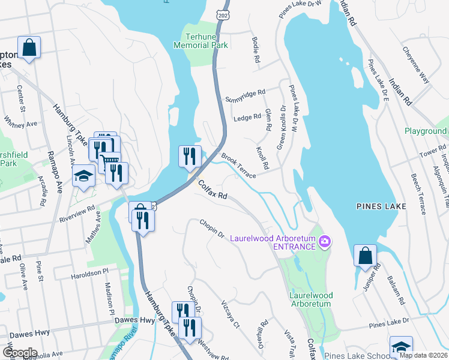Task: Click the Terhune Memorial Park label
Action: pyautogui.click(x=201, y=40)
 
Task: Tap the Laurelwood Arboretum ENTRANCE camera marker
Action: pyautogui.click(x=325, y=242)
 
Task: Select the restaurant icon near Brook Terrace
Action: pyautogui.click(x=190, y=157)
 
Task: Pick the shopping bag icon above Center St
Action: pyautogui.click(x=29, y=49)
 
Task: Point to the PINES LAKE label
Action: pyautogui.click(x=381, y=206)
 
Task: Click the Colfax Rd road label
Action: pyautogui.click(x=212, y=191)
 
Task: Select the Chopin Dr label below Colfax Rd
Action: pyautogui.click(x=212, y=228)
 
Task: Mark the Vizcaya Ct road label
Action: pyautogui.click(x=230, y=314)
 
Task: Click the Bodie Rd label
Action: pyautogui.click(x=256, y=52)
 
